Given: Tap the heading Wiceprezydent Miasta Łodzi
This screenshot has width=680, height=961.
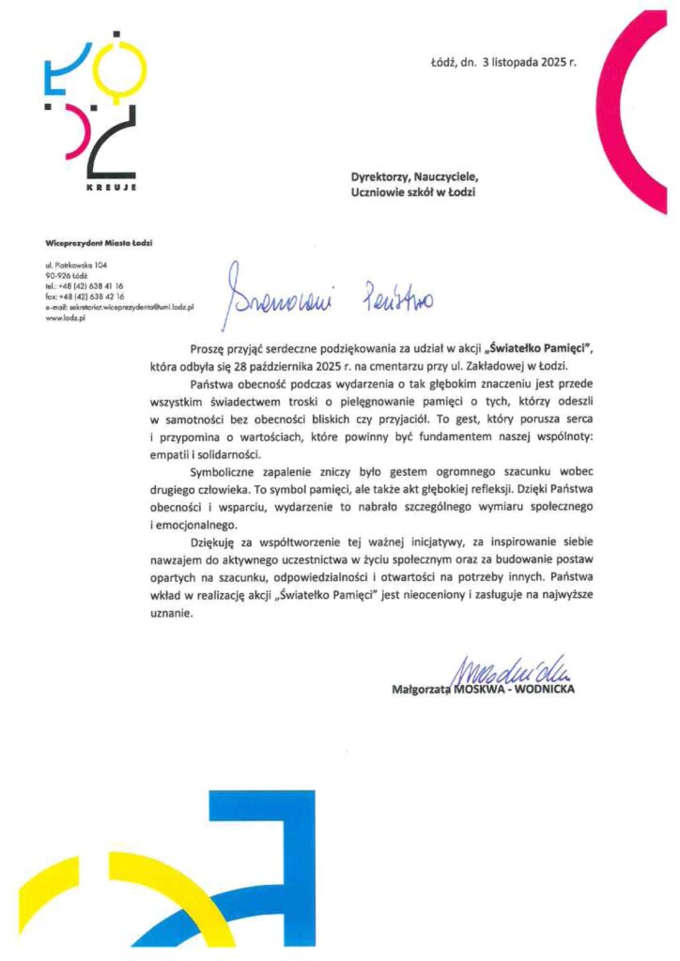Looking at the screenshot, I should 99,243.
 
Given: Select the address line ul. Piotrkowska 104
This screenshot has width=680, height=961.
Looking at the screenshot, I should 82,266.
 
